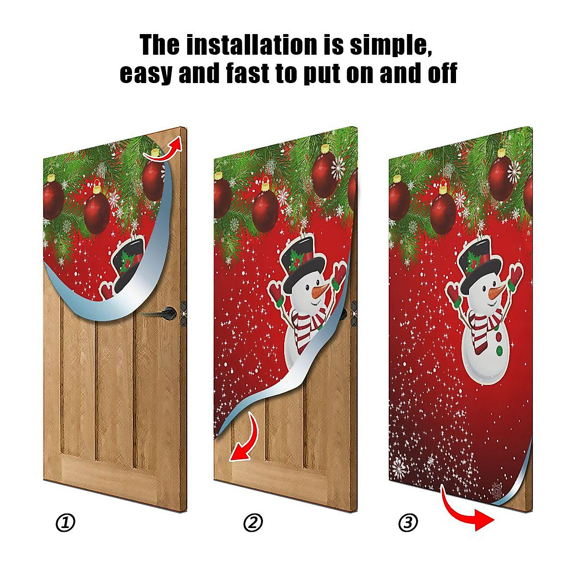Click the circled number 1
click(x=66, y=523)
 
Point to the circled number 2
click(x=253, y=523)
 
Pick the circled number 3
click(x=408, y=523)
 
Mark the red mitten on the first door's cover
click(x=107, y=291)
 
